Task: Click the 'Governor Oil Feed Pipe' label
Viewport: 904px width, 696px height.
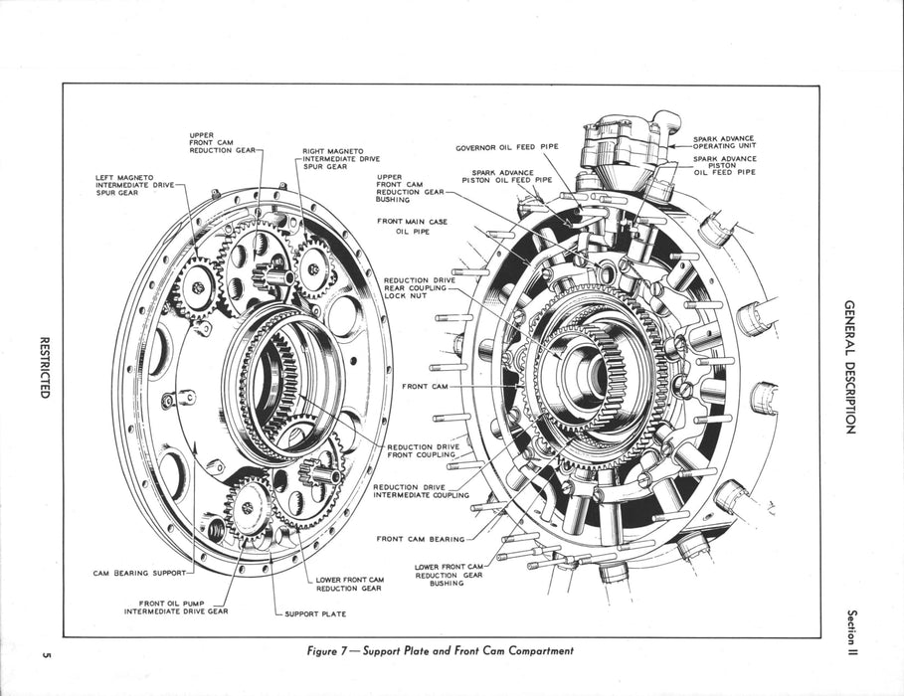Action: [x=506, y=147]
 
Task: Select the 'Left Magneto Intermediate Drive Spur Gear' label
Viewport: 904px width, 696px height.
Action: [x=134, y=185]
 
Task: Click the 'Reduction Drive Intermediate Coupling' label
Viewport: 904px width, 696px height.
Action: [x=421, y=491]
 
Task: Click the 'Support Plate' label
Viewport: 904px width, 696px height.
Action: [x=315, y=613]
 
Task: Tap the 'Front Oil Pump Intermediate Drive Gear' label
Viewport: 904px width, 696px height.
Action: [x=175, y=608]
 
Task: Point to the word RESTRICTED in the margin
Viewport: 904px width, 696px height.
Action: [x=45, y=365]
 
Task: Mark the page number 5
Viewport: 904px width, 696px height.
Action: [x=46, y=653]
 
